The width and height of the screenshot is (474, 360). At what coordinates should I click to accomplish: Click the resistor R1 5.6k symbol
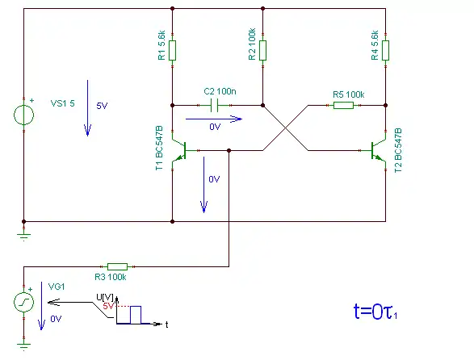[172, 51]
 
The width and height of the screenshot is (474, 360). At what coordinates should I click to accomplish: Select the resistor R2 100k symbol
[262, 51]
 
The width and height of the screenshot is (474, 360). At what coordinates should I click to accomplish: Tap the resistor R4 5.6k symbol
[385, 51]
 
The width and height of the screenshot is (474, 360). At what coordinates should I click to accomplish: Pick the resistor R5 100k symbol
[343, 105]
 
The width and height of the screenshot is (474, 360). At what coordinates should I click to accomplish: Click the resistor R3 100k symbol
[118, 266]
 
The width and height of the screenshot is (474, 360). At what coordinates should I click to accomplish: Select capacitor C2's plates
[214, 105]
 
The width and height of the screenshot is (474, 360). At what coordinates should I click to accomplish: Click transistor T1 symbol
[179, 150]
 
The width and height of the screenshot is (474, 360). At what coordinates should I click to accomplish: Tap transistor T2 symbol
[378, 150]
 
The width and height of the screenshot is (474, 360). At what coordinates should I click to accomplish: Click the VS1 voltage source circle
[24, 115]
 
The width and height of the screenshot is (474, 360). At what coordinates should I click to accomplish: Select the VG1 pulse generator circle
[24, 302]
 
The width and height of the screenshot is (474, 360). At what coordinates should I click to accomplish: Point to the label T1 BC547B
[159, 148]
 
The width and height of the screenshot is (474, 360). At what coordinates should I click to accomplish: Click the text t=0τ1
[375, 312]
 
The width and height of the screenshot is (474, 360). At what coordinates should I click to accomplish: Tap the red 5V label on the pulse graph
[108, 306]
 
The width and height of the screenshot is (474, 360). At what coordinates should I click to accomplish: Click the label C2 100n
[220, 91]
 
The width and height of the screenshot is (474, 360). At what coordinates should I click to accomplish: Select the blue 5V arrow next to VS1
[88, 108]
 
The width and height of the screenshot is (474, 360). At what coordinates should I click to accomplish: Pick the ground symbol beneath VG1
[24, 346]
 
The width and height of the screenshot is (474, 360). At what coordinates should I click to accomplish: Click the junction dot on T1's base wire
[229, 150]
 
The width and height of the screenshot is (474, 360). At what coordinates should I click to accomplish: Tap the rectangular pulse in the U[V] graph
[136, 315]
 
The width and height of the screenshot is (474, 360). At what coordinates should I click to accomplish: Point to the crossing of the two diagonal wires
[286, 128]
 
